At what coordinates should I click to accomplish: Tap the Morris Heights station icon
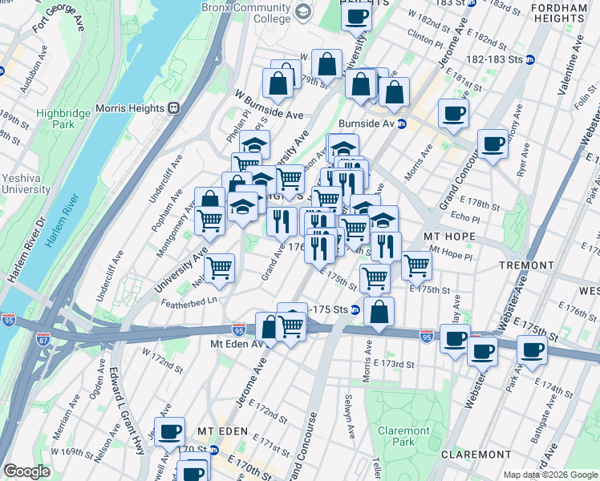[172, 108]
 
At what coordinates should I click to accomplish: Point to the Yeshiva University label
[25, 184]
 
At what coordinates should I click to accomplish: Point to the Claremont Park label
[404, 436]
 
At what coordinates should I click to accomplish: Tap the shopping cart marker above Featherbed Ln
[219, 269]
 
